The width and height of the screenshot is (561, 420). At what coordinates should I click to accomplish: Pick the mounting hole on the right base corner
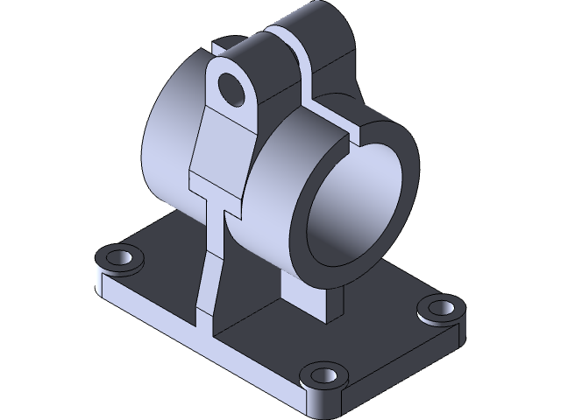click(440, 308)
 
